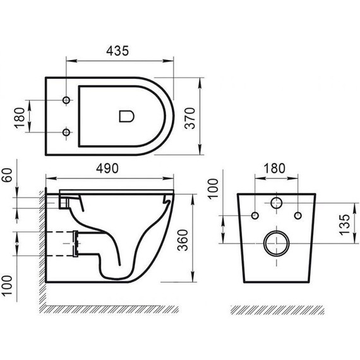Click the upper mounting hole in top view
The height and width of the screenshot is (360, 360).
click(x=66, y=100)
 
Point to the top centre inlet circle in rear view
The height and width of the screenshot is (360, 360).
click(x=275, y=203)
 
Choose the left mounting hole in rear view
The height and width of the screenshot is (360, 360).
click(x=255, y=215)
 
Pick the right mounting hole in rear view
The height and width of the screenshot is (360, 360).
click(x=296, y=215)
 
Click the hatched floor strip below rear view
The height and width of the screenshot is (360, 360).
click(x=275, y=310)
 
